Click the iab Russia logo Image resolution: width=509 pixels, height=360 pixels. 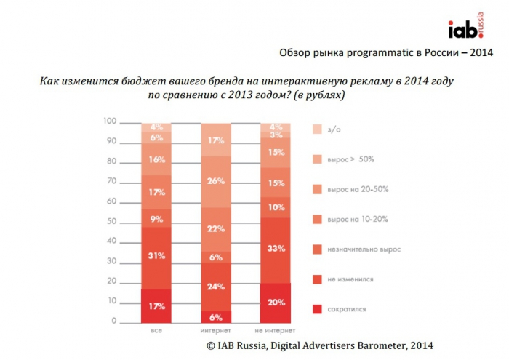point(468,30)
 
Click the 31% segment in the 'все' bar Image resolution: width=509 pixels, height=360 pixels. point(156,256)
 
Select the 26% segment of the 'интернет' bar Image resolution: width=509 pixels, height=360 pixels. point(216,181)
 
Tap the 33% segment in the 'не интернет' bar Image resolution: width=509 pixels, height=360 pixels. point(276,249)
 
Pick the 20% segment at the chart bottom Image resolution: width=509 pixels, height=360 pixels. point(276,303)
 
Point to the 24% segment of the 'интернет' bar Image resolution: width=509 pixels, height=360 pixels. point(216,287)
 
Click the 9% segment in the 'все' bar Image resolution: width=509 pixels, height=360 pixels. point(156,217)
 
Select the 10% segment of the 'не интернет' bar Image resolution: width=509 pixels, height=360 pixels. point(276,207)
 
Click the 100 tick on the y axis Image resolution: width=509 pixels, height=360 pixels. point(110,121)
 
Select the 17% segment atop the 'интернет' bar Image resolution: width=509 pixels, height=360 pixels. point(216,140)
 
